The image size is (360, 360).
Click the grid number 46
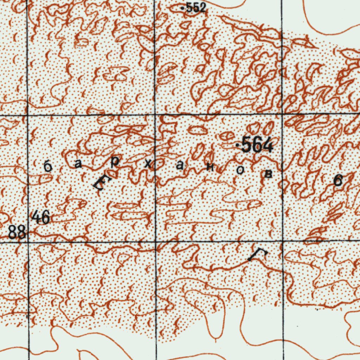(40, 217)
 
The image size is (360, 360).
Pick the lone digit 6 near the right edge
(338, 180)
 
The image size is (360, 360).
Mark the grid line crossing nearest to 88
(28, 242)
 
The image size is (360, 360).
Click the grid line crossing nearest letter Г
(282, 241)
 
